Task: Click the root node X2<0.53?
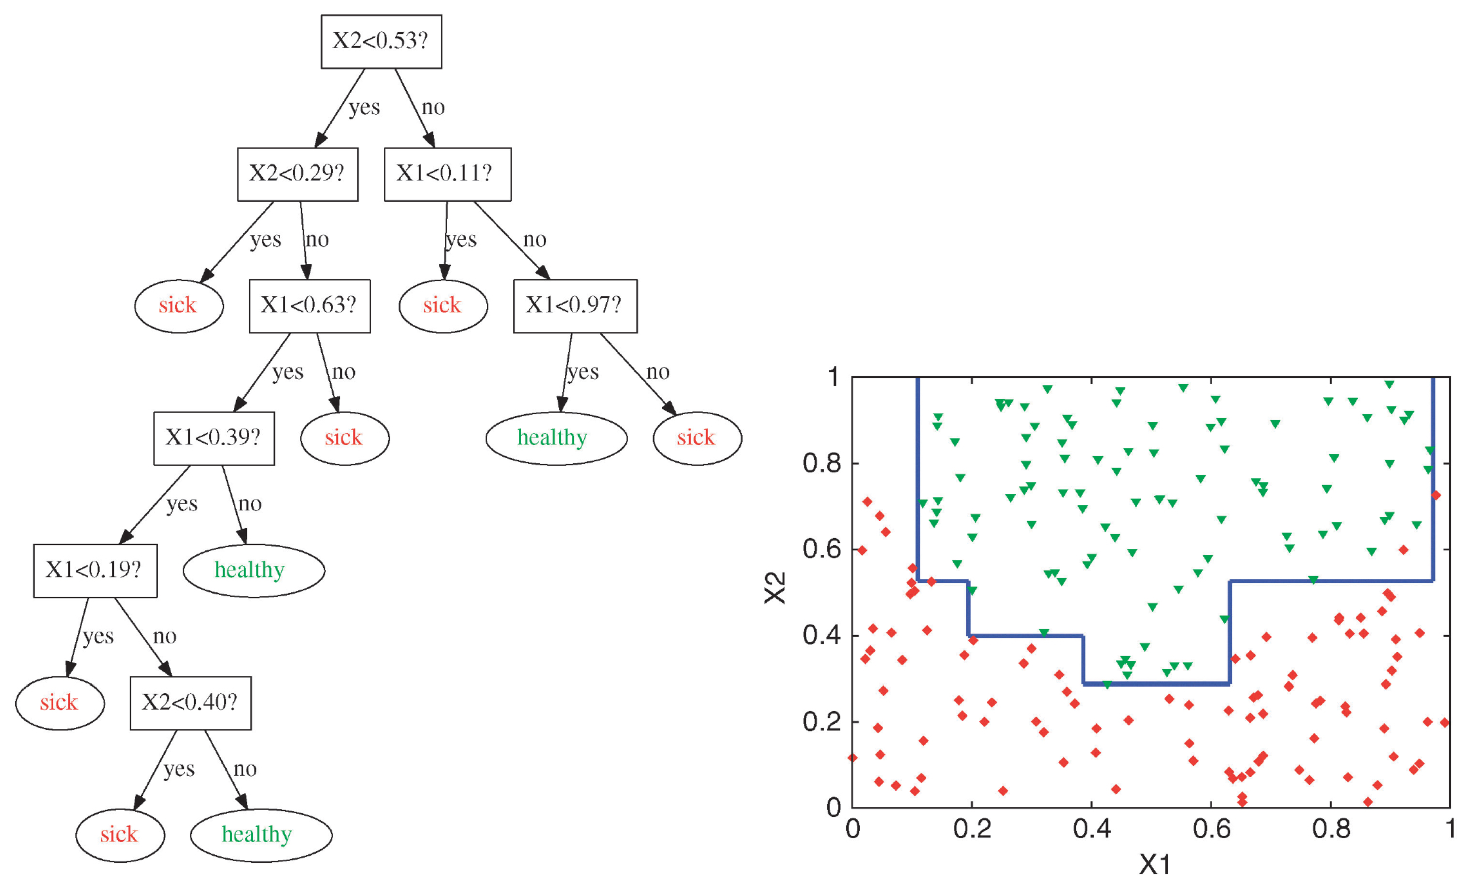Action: click(381, 41)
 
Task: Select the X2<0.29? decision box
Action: click(298, 174)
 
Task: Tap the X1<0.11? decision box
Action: click(447, 174)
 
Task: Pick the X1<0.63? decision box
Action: click(309, 306)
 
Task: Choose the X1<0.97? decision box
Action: click(575, 306)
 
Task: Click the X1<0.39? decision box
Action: click(214, 438)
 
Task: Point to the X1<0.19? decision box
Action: click(95, 571)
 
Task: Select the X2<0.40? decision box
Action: click(191, 703)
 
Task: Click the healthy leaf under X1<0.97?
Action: click(556, 438)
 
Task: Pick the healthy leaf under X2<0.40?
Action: click(261, 835)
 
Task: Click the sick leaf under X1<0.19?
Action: click(60, 703)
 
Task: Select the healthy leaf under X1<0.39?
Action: click(254, 571)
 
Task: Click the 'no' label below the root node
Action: click(433, 107)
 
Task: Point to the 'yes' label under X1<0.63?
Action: click(288, 373)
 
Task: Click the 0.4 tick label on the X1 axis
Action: click(1092, 828)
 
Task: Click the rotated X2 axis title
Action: click(775, 588)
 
